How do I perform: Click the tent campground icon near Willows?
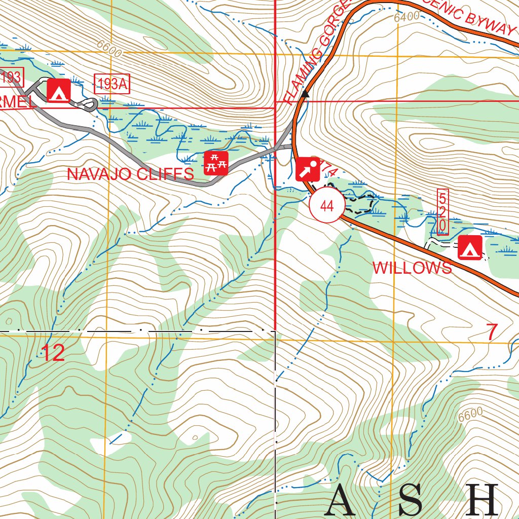point(469,247)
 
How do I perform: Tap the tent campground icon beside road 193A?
point(58,91)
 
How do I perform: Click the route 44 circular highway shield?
point(327,205)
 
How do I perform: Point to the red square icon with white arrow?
point(308,169)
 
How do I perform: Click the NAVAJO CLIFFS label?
point(130,174)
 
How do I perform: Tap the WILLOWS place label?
point(412,268)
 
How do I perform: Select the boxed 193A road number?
point(112,84)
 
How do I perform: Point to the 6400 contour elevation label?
point(406,17)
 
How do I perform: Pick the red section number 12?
point(53,353)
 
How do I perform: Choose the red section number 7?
point(492,332)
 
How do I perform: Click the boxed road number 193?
point(11,78)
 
